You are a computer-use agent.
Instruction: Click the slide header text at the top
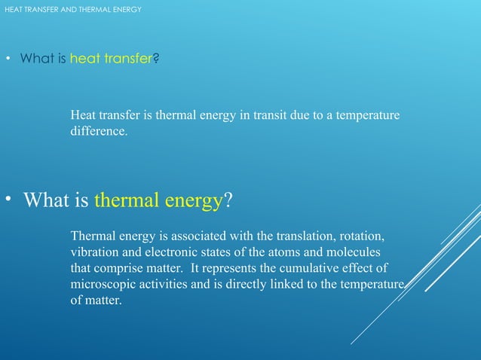click(72, 9)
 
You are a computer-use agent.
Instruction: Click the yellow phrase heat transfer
click(112, 58)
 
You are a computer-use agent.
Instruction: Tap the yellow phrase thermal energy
click(158, 200)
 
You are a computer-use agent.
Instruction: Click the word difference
click(98, 131)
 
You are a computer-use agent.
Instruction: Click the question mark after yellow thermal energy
click(228, 200)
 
